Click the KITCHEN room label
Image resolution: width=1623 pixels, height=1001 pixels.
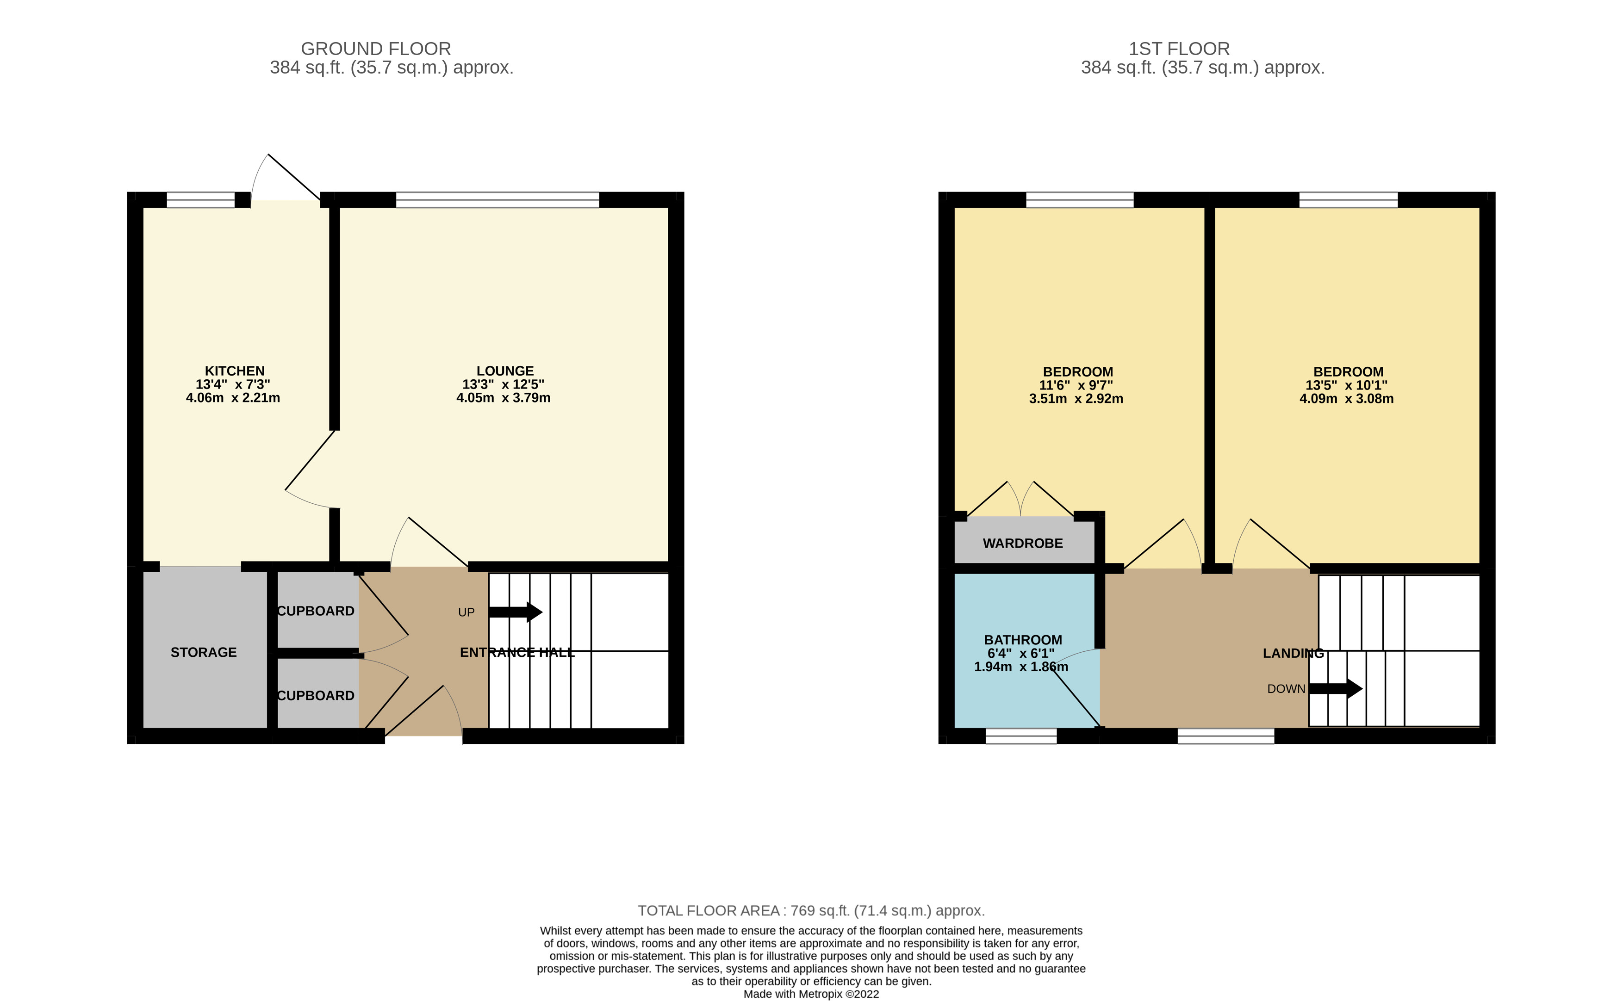click(235, 371)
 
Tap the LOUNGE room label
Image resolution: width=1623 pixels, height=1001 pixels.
click(504, 371)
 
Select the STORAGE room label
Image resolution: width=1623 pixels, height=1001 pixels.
click(203, 652)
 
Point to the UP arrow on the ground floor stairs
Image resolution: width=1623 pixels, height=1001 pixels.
click(515, 612)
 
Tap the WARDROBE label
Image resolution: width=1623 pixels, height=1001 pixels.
click(1022, 544)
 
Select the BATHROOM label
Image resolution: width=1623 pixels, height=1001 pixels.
click(1022, 640)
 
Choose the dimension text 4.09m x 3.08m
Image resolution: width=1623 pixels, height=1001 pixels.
click(1346, 399)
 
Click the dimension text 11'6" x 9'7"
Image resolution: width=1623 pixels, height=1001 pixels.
click(1076, 385)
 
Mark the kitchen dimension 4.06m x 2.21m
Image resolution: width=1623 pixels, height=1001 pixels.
click(233, 398)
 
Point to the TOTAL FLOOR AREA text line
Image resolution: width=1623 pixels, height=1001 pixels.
click(810, 911)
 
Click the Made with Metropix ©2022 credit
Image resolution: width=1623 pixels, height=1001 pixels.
click(810, 994)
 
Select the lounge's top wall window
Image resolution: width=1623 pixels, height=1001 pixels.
click(497, 199)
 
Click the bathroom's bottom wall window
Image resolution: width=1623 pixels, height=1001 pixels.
click(1020, 736)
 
